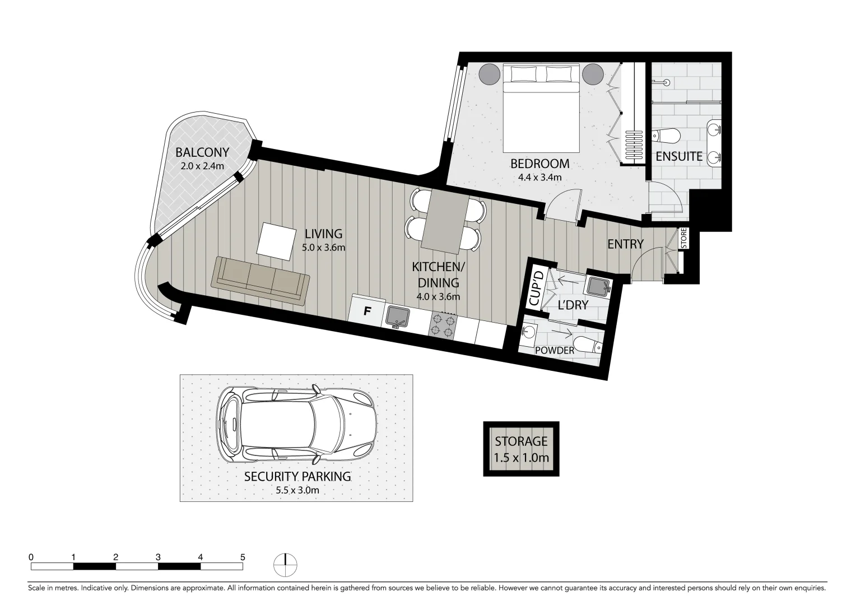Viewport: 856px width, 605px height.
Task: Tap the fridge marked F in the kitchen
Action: click(367, 311)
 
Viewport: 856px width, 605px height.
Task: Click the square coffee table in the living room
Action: click(277, 241)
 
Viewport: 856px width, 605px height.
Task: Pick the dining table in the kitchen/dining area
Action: click(445, 220)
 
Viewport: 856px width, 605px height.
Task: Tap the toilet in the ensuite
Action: click(667, 136)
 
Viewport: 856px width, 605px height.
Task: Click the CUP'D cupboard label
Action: click(537, 287)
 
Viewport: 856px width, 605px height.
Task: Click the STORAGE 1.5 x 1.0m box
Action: click(521, 449)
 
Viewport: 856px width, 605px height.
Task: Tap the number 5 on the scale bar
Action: click(243, 557)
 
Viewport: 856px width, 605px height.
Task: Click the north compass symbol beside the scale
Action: click(286, 564)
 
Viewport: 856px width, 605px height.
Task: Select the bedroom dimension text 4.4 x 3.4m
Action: click(539, 178)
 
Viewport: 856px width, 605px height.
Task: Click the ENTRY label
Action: click(625, 244)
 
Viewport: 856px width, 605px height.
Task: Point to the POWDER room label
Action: click(555, 351)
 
